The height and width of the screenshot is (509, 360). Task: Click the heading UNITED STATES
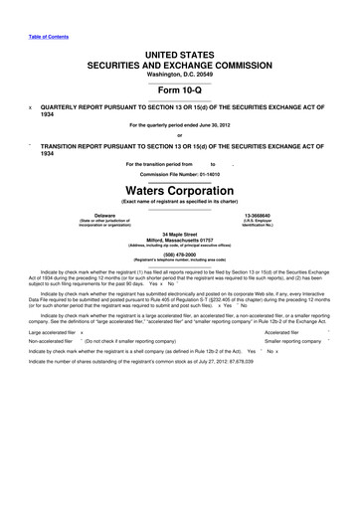(x=180, y=50)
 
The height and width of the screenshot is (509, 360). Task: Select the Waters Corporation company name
(x=180, y=187)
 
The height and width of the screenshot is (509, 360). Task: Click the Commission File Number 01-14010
(x=180, y=172)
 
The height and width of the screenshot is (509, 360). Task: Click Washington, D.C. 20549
(x=180, y=73)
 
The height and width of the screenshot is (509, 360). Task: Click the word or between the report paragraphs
(x=180, y=136)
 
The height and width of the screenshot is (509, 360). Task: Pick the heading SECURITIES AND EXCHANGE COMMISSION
(x=180, y=62)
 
